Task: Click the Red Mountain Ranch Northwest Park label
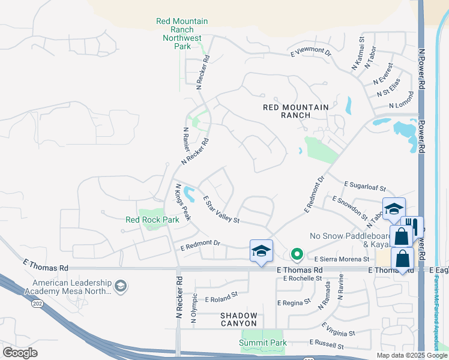point(182,34)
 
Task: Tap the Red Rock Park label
point(152,220)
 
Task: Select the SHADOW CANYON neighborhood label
point(238,319)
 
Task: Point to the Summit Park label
point(263,343)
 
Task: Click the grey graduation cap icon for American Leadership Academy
point(121,287)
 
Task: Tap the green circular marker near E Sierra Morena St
point(296,254)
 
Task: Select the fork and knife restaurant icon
point(412,226)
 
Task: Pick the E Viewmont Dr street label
point(311,53)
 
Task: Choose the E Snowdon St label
point(349,207)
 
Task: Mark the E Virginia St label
point(339,330)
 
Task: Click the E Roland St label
point(221,296)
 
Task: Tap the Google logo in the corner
point(20,352)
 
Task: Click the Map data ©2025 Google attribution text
point(412,355)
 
